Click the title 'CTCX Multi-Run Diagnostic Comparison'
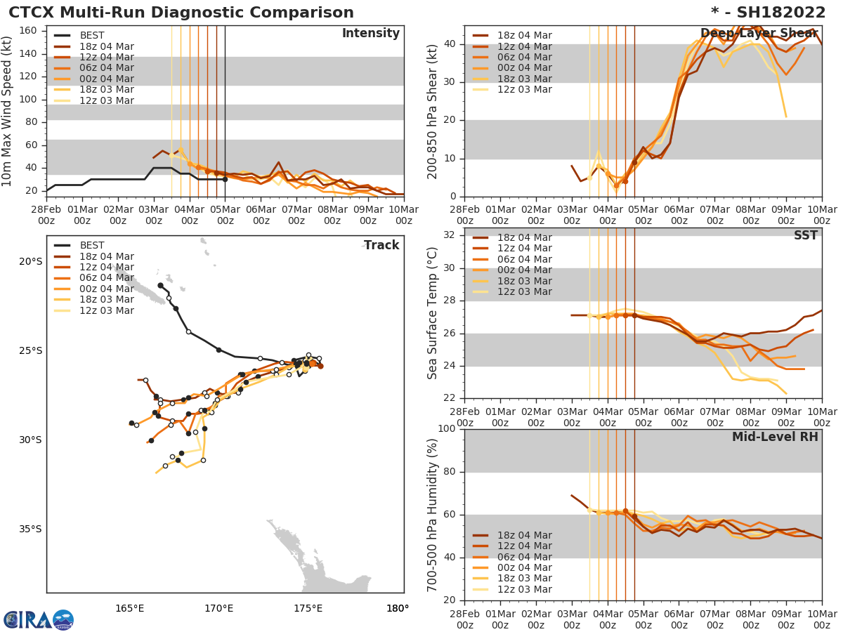pyautogui.click(x=181, y=13)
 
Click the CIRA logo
pyautogui.click(x=39, y=620)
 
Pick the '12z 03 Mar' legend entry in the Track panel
pyautogui.click(x=106, y=310)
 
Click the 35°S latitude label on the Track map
pyautogui.click(x=30, y=529)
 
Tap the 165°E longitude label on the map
pyautogui.click(x=130, y=608)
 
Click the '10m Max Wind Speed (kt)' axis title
pyautogui.click(x=8, y=112)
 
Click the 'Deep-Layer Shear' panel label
pyautogui.click(x=759, y=34)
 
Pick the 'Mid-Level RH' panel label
pyautogui.click(x=775, y=437)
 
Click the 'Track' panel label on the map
pyautogui.click(x=381, y=245)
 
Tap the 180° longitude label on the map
pyautogui.click(x=398, y=608)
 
